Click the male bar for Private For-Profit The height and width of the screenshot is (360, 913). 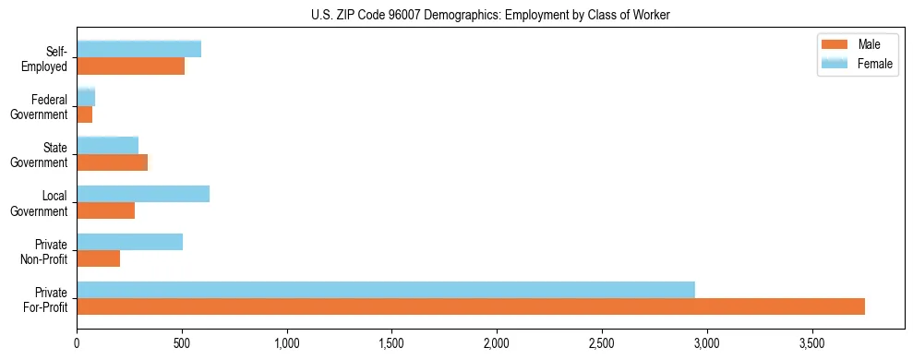pos(471,306)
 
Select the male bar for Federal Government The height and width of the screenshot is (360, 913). pos(85,114)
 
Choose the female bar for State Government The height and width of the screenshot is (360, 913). pos(108,146)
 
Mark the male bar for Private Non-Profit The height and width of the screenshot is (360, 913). pos(99,258)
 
